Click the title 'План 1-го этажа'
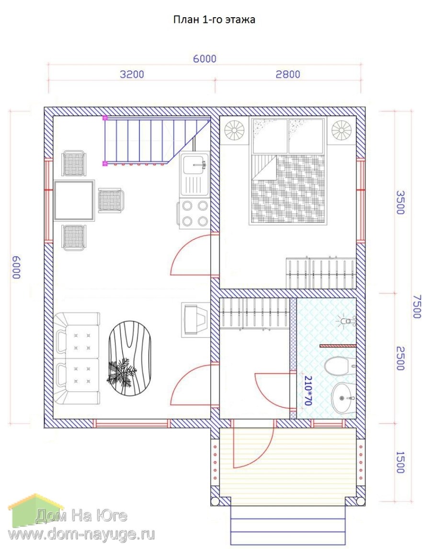214,20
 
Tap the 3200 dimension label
132,74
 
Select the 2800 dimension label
288,74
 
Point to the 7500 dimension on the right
417,306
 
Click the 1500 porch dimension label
400,462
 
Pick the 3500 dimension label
400,202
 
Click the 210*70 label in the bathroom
308,391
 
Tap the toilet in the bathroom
339,366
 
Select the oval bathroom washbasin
343,398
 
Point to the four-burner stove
195,213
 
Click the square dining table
74,201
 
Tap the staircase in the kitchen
157,141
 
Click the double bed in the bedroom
288,171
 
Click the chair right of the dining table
111,201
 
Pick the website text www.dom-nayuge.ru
81,534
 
